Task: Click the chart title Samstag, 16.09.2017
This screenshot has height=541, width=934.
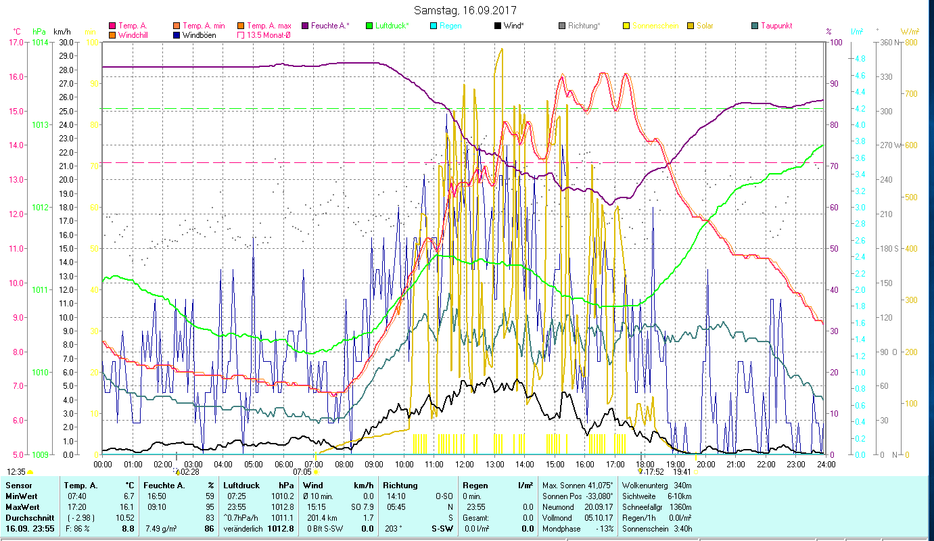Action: click(467, 11)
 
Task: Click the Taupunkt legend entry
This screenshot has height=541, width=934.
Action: click(776, 26)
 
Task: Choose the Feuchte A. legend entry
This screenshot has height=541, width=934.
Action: click(330, 26)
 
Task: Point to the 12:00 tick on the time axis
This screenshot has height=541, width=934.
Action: click(464, 465)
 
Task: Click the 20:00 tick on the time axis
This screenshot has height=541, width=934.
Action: click(705, 465)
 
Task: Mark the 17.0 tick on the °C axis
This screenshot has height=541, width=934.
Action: click(16, 43)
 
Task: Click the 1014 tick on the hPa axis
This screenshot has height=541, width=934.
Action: click(40, 43)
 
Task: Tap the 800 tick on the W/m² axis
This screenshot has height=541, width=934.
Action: click(911, 43)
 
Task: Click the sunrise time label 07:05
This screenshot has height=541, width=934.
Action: click(302, 471)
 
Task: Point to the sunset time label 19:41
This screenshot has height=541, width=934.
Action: click(682, 471)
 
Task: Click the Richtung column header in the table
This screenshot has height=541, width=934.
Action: click(400, 485)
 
